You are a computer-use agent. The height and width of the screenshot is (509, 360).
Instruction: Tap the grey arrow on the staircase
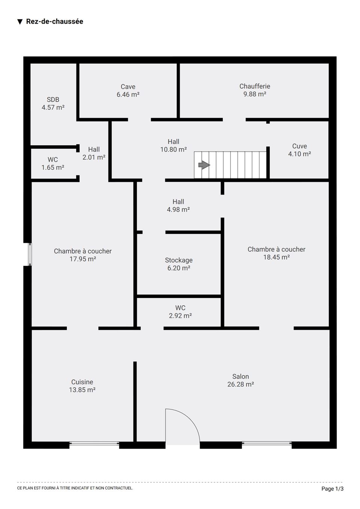[204, 165]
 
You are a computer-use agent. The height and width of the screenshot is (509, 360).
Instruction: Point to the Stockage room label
[179, 264]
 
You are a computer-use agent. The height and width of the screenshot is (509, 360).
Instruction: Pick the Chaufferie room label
[255, 90]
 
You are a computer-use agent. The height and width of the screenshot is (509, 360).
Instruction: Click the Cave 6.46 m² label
[128, 90]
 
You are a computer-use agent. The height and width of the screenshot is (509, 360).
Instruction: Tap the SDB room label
[53, 103]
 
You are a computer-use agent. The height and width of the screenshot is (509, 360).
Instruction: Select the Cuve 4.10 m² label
[300, 150]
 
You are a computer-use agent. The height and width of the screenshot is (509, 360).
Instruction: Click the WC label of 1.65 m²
[53, 163]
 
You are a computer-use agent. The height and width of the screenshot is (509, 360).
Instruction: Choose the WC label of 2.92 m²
[180, 311]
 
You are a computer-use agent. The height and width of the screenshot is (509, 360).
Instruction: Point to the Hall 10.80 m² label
[173, 145]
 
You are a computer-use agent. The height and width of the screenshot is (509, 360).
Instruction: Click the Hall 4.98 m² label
[178, 205]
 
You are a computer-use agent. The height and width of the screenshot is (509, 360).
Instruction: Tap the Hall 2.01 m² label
[94, 153]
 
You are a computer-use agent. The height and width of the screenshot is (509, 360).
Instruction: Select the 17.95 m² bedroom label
[83, 255]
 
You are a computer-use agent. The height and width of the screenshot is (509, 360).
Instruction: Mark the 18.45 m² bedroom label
[276, 253]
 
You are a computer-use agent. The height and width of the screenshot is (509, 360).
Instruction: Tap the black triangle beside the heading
[20, 22]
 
